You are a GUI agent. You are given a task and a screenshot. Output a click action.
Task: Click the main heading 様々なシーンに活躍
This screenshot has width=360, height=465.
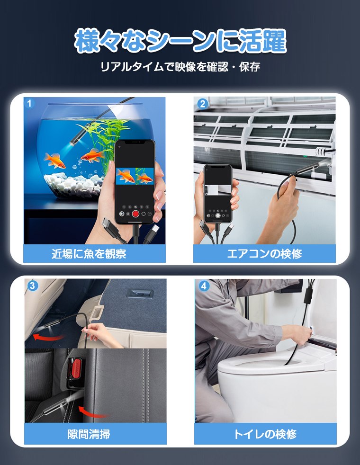click(180, 42)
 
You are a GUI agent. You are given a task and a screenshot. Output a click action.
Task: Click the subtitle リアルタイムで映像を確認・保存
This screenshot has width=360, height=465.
click(180, 67)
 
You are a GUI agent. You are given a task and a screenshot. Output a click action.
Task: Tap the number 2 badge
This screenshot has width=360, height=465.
click(202, 104)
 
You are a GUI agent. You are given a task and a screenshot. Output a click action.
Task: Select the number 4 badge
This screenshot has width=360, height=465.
click(204, 286)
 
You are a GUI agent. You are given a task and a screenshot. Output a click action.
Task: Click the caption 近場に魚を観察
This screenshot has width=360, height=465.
click(95, 253)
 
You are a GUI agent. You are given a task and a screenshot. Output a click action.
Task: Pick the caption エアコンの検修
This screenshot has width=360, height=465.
click(264, 253)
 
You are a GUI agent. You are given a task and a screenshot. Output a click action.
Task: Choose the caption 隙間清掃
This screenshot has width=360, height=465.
click(95, 434)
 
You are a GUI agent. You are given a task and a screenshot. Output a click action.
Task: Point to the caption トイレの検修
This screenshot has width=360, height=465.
click(265, 434)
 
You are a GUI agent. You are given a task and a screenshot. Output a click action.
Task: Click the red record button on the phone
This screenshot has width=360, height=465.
click(135, 214)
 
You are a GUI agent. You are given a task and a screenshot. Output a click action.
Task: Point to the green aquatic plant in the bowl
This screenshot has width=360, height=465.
click(107, 135)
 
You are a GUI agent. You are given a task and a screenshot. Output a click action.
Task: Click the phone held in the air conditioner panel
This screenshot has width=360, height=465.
click(217, 194)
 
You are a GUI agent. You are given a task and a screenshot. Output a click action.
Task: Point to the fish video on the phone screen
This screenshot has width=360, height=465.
click(135, 176)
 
